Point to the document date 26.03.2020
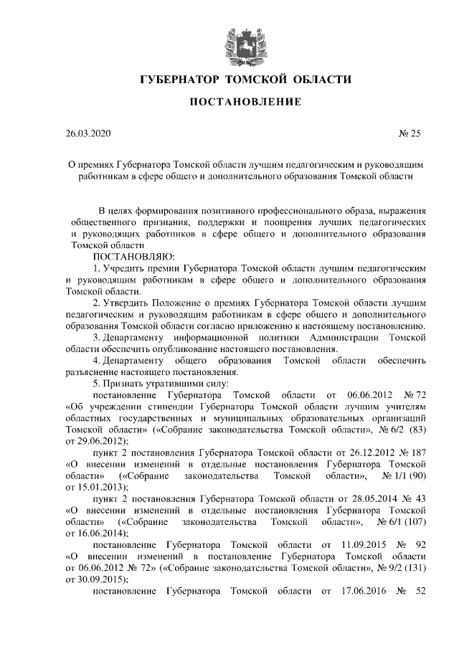coord(88,133)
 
